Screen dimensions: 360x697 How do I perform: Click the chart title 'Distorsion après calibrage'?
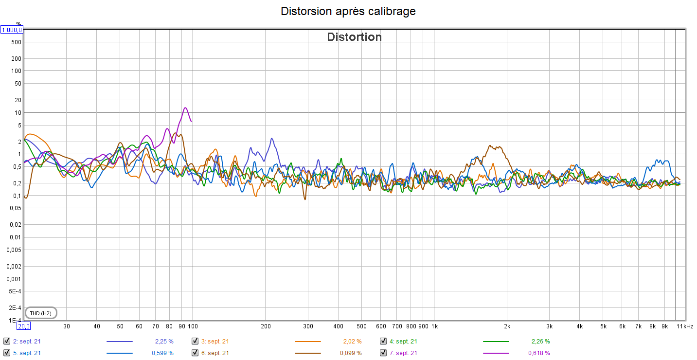tap(348, 11)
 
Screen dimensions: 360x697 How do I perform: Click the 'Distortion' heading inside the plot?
tap(354, 37)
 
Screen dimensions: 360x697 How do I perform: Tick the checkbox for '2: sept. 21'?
tap(6, 341)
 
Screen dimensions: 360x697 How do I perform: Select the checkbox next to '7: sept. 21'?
tap(383, 353)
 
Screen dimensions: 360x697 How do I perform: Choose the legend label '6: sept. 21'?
tap(215, 353)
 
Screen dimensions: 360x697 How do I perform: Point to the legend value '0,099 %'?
tap(352, 353)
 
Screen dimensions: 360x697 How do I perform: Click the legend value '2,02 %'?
tap(352, 341)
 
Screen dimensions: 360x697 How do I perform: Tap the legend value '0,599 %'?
tap(163, 353)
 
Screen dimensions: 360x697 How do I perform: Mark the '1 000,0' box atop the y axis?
tap(12, 30)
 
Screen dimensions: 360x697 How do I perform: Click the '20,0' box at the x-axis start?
tap(24, 326)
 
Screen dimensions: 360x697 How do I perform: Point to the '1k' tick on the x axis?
tap(434, 326)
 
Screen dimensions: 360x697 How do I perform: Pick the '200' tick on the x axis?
tap(266, 326)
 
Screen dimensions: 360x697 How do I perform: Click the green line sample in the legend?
tap(496, 341)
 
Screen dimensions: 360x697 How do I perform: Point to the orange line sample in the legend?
tap(308, 341)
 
